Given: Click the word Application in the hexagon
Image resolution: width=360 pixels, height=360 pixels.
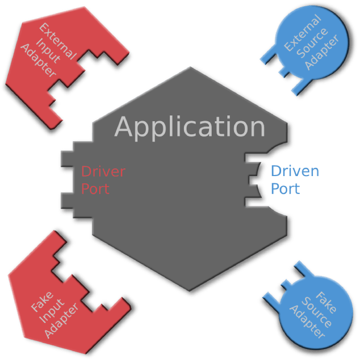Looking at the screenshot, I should pos(190,127).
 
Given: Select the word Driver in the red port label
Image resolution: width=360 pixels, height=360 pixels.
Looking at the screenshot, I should pos(103,171).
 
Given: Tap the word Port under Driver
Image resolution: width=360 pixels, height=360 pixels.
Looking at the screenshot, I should pos(95,188).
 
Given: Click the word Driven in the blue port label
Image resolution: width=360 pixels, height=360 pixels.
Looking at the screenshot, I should pos(295,171).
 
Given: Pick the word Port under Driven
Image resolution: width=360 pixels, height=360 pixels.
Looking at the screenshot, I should pos(285,189).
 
